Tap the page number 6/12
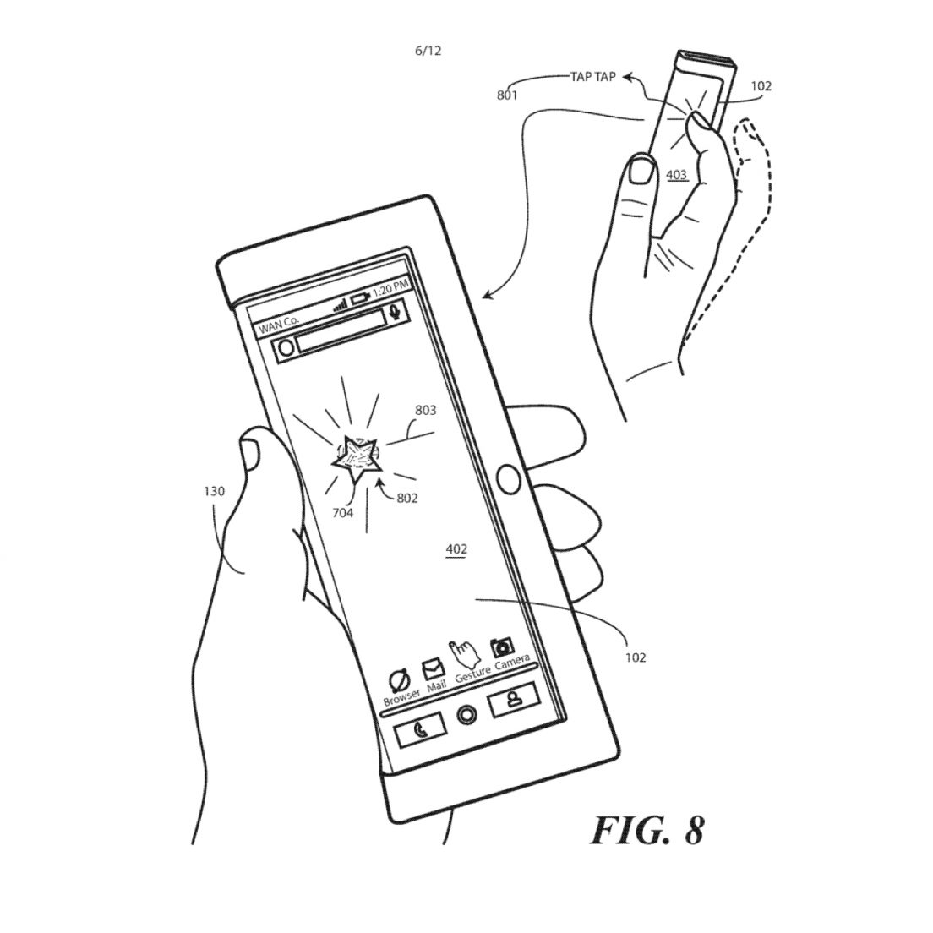(428, 52)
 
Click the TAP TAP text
(592, 78)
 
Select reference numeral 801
(507, 95)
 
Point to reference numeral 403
(677, 175)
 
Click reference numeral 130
(213, 490)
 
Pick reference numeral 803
(426, 411)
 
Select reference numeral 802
(407, 498)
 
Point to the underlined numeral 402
(456, 550)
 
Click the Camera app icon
(502, 647)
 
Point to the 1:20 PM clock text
(390, 287)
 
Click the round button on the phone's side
(508, 478)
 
